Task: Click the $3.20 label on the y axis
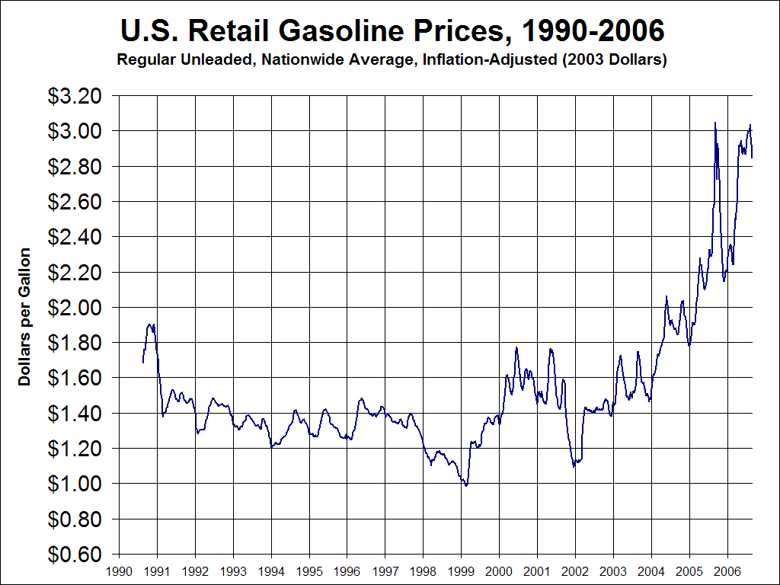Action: tap(75, 96)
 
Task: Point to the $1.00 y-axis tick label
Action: tap(75, 484)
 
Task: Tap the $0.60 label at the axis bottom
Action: tap(75, 554)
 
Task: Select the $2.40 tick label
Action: tap(75, 237)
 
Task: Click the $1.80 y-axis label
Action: tap(75, 343)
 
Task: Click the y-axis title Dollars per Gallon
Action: tap(25, 316)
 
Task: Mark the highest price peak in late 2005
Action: tap(714, 123)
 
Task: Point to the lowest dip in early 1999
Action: tap(466, 485)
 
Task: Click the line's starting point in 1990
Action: tap(143, 363)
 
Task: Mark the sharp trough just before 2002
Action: tap(574, 466)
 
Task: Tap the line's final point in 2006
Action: tap(752, 158)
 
